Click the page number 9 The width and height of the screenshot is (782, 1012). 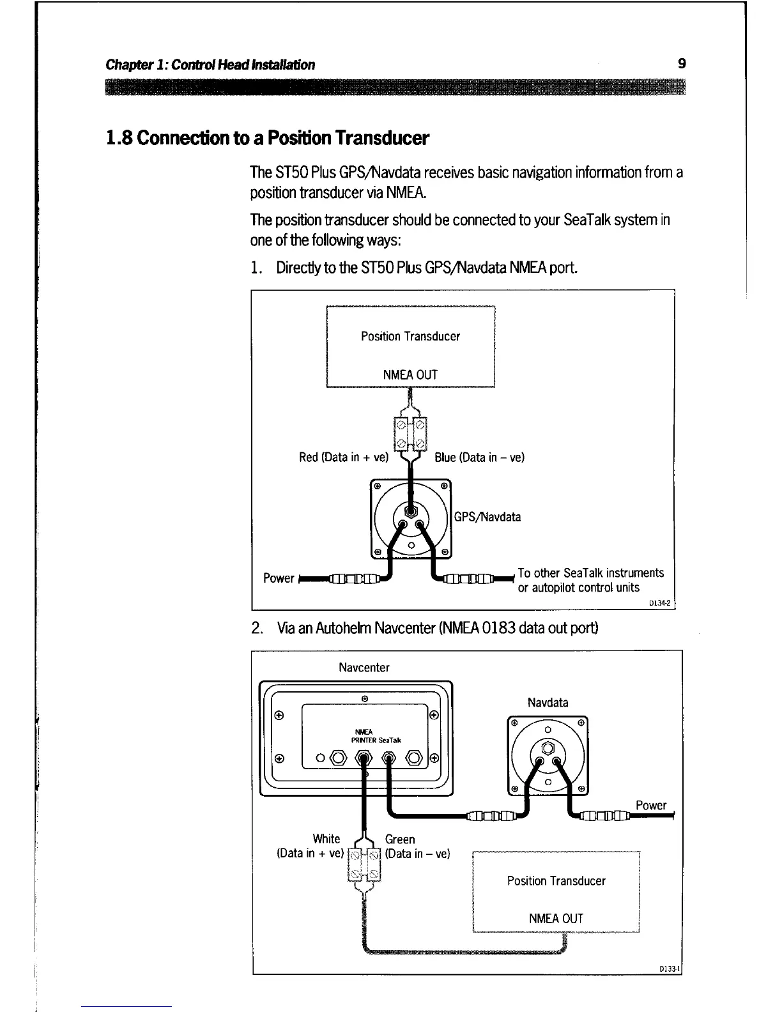[x=682, y=63]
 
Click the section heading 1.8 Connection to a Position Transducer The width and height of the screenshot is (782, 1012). [x=267, y=138]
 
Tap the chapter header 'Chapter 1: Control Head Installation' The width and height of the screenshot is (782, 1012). [x=210, y=65]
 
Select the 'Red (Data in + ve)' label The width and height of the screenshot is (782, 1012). [x=344, y=457]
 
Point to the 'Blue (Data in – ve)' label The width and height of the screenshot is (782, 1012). [x=479, y=457]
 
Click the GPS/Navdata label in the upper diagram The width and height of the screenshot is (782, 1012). [x=487, y=517]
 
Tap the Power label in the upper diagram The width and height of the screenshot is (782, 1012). [x=279, y=578]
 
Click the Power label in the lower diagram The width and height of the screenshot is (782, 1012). [x=650, y=806]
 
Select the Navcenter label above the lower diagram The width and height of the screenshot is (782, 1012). [x=364, y=668]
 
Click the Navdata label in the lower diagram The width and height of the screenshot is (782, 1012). [x=548, y=703]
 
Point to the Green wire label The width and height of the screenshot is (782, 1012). [x=400, y=839]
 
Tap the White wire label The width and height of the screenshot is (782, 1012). [x=326, y=839]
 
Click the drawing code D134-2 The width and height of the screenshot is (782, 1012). [x=658, y=602]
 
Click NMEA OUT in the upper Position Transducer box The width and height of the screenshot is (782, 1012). [x=410, y=375]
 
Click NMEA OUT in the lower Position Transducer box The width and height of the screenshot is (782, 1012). [x=556, y=919]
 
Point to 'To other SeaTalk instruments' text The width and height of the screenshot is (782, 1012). [x=590, y=573]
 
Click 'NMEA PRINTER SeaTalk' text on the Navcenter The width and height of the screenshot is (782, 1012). [x=376, y=737]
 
